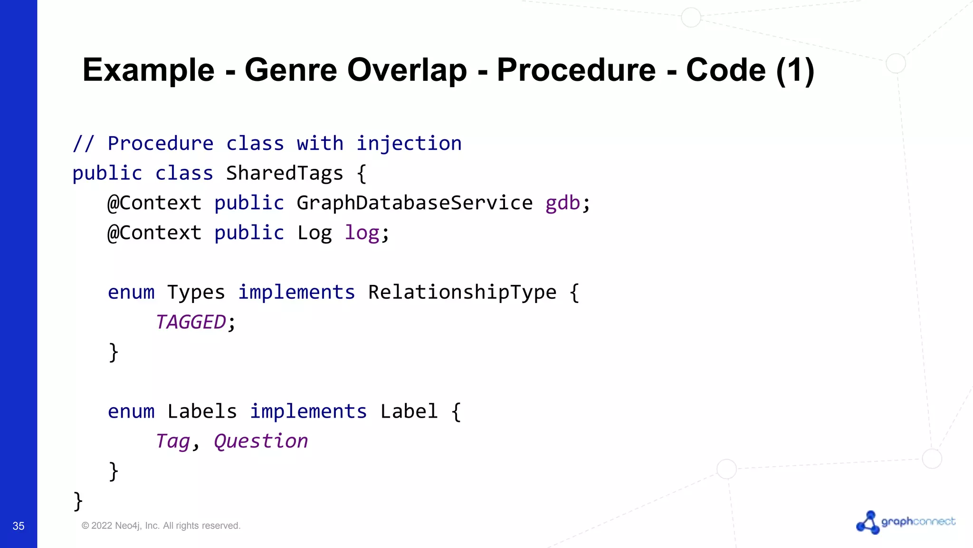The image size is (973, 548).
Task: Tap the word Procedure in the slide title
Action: (x=576, y=70)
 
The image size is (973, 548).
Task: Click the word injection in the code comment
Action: (x=409, y=143)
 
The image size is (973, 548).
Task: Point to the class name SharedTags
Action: (x=284, y=173)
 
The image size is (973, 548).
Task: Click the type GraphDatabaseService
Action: (x=414, y=203)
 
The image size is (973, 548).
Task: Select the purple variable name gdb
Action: (x=563, y=203)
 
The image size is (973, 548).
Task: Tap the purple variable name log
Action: (x=362, y=233)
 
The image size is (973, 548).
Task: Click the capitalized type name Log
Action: (x=314, y=233)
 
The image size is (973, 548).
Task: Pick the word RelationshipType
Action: (x=462, y=292)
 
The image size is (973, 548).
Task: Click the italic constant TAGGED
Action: (x=191, y=322)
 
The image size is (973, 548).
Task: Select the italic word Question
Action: (x=261, y=441)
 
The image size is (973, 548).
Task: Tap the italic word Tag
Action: (x=173, y=441)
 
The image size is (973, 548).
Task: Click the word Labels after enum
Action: (x=202, y=411)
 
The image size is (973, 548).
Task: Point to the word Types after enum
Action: (x=196, y=292)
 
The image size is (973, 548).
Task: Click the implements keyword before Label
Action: (x=308, y=411)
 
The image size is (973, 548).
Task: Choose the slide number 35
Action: (x=19, y=526)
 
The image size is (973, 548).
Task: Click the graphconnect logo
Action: (x=906, y=522)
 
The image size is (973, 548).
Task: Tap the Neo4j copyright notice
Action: (x=161, y=526)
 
